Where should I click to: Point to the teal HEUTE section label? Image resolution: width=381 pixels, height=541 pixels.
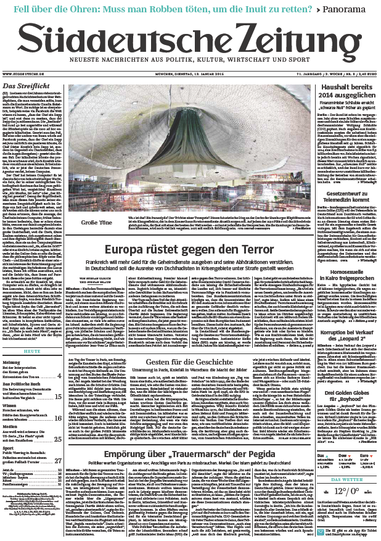point(31,350)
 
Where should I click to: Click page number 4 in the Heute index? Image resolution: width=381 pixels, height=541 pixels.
point(59,375)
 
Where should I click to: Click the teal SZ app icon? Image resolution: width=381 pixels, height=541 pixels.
point(322,531)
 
